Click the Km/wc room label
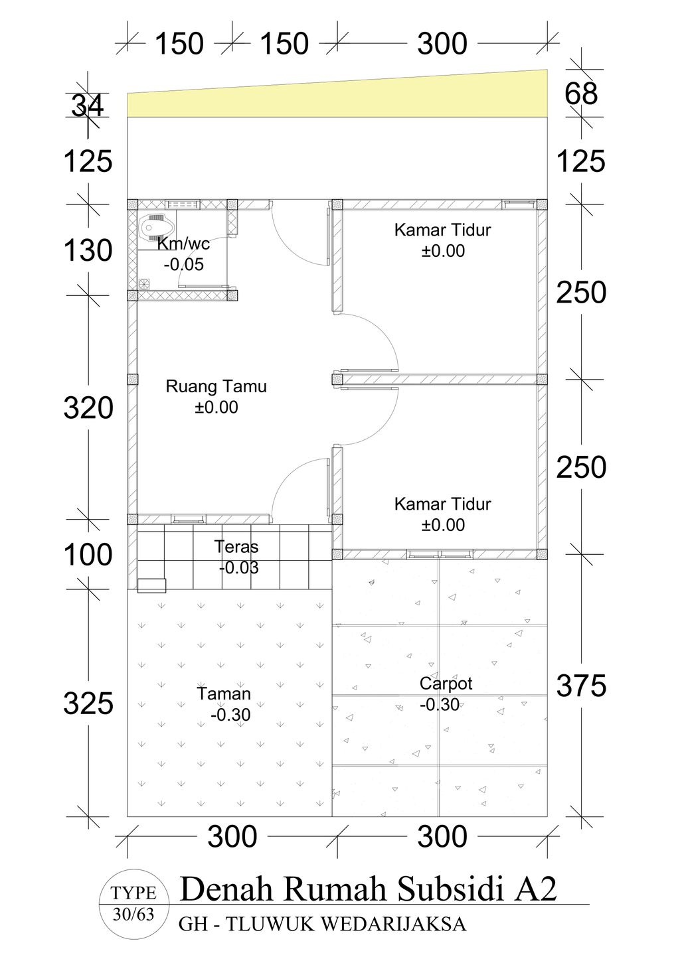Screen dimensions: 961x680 183,244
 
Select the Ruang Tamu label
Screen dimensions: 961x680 216,386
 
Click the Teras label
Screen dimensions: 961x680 236,547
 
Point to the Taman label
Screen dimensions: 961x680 224,694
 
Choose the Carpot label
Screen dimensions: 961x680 446,683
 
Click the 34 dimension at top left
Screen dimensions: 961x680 87,106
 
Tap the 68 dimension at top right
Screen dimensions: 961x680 581,94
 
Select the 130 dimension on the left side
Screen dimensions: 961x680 88,251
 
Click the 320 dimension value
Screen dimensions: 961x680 88,408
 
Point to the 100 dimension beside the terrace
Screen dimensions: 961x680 88,555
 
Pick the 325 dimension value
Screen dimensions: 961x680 88,703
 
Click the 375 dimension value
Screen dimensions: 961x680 581,686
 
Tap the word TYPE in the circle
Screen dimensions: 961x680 133,893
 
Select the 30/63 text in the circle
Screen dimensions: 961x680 133,915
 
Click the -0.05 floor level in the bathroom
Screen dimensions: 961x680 183,265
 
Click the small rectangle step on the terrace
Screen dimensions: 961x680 151,585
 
